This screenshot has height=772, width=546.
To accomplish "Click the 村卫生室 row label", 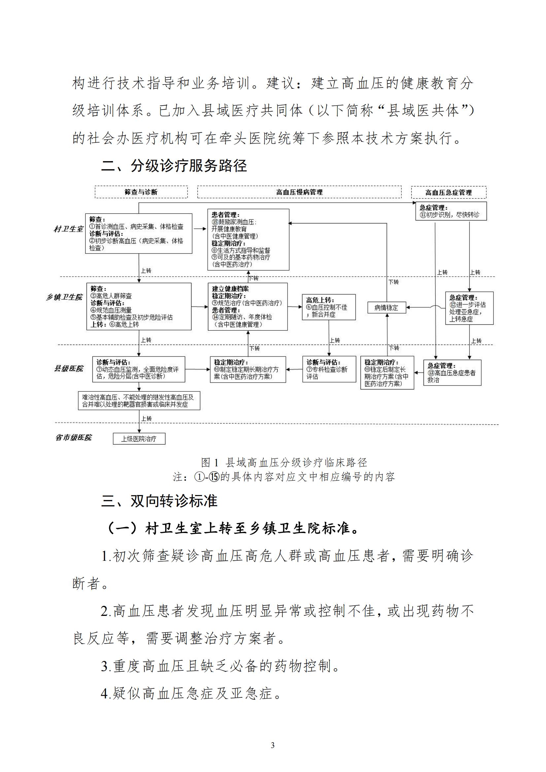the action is tap(68, 229).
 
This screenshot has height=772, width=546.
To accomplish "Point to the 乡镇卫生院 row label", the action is tap(64, 297).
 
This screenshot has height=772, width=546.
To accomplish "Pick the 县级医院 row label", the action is tap(69, 369).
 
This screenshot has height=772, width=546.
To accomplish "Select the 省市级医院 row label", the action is tap(73, 437).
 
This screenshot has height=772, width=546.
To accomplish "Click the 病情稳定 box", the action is tap(386, 307).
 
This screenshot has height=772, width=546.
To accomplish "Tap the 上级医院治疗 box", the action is tap(139, 439).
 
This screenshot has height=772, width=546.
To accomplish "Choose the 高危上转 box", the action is tap(329, 307).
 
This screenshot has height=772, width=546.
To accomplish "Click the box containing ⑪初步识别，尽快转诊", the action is tap(451, 211).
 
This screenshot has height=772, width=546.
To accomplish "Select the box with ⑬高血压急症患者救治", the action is tap(452, 373).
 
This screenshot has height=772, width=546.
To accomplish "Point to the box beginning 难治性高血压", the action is tap(139, 400).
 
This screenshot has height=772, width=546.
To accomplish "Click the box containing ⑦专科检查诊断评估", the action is tap(329, 369).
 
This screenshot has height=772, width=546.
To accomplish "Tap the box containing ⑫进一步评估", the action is tap(469, 308).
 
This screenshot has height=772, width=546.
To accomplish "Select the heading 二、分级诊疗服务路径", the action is tap(174, 166).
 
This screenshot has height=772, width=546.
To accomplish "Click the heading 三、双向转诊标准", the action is tap(159, 501).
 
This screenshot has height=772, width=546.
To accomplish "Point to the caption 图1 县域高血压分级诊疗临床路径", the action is tap(284, 463).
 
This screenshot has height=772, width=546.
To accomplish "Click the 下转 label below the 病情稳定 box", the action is tap(394, 348).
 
